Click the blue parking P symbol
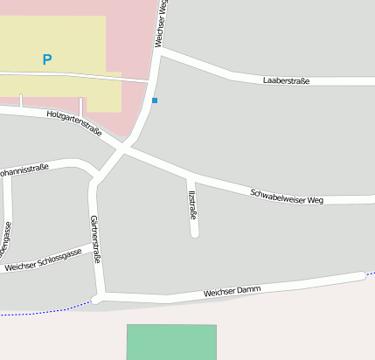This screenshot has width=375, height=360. [x=47, y=59]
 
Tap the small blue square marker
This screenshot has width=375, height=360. [x=155, y=100]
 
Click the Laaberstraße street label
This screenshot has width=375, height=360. [x=286, y=81]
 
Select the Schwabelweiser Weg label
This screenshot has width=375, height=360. [x=287, y=196]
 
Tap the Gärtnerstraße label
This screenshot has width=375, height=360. [x=95, y=239]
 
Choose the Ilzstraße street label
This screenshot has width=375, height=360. [x=192, y=201]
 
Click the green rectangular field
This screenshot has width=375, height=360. [x=170, y=342]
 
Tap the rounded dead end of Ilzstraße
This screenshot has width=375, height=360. [x=195, y=233]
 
